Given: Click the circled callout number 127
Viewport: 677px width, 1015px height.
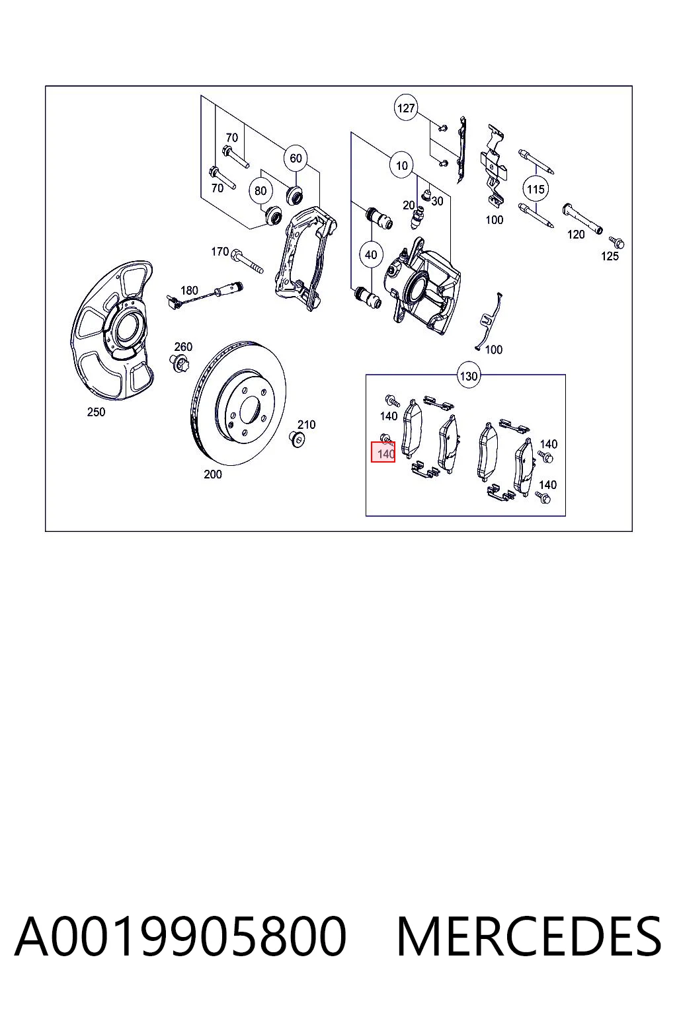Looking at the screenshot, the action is point(405,108).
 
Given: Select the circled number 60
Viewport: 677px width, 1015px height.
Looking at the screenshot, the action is point(296,158).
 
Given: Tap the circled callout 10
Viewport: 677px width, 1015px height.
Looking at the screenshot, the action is point(402,166).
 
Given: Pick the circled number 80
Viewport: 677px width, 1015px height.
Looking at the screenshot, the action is point(260,191).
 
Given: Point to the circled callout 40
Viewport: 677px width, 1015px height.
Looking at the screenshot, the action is point(371,254).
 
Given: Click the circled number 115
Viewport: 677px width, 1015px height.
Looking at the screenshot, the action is point(536,189).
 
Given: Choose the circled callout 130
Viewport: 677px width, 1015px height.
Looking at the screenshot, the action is point(469,376).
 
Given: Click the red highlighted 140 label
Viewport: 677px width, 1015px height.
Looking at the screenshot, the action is point(383,452).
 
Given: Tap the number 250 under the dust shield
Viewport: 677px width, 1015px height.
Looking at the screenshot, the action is point(96,412).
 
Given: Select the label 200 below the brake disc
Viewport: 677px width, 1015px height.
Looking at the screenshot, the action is point(213,474).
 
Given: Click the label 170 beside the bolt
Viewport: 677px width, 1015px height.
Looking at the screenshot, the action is point(220,251).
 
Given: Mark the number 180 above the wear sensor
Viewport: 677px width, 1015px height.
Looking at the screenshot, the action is point(189,290).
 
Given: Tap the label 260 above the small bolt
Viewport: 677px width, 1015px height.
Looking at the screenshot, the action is point(183,347).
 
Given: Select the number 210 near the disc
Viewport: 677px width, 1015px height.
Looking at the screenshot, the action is point(307,425).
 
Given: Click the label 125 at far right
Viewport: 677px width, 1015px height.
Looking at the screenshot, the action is point(610,256).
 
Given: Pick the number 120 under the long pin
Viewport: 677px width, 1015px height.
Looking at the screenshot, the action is point(576,235).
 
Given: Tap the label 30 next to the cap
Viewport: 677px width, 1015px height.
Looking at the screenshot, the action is point(437,201).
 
